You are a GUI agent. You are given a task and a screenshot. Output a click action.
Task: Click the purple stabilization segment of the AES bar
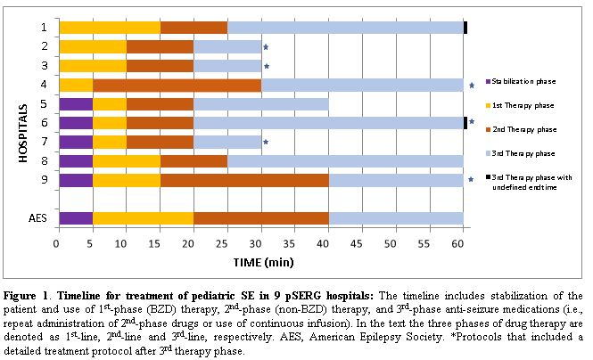click(75, 218)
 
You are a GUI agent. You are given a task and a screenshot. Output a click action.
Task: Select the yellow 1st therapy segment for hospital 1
click(109, 28)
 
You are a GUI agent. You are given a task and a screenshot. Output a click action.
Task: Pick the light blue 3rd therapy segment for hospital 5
click(260, 103)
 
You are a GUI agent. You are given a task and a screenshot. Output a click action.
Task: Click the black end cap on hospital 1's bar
click(465, 28)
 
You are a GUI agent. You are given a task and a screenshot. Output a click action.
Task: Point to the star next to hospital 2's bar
click(265, 47)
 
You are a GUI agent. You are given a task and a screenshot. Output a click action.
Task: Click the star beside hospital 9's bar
click(471, 180)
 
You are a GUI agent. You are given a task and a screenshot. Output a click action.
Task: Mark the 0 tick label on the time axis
click(57, 241)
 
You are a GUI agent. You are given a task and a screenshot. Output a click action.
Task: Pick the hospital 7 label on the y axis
click(44, 142)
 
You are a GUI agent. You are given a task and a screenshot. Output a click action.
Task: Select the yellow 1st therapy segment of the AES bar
click(143, 218)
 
